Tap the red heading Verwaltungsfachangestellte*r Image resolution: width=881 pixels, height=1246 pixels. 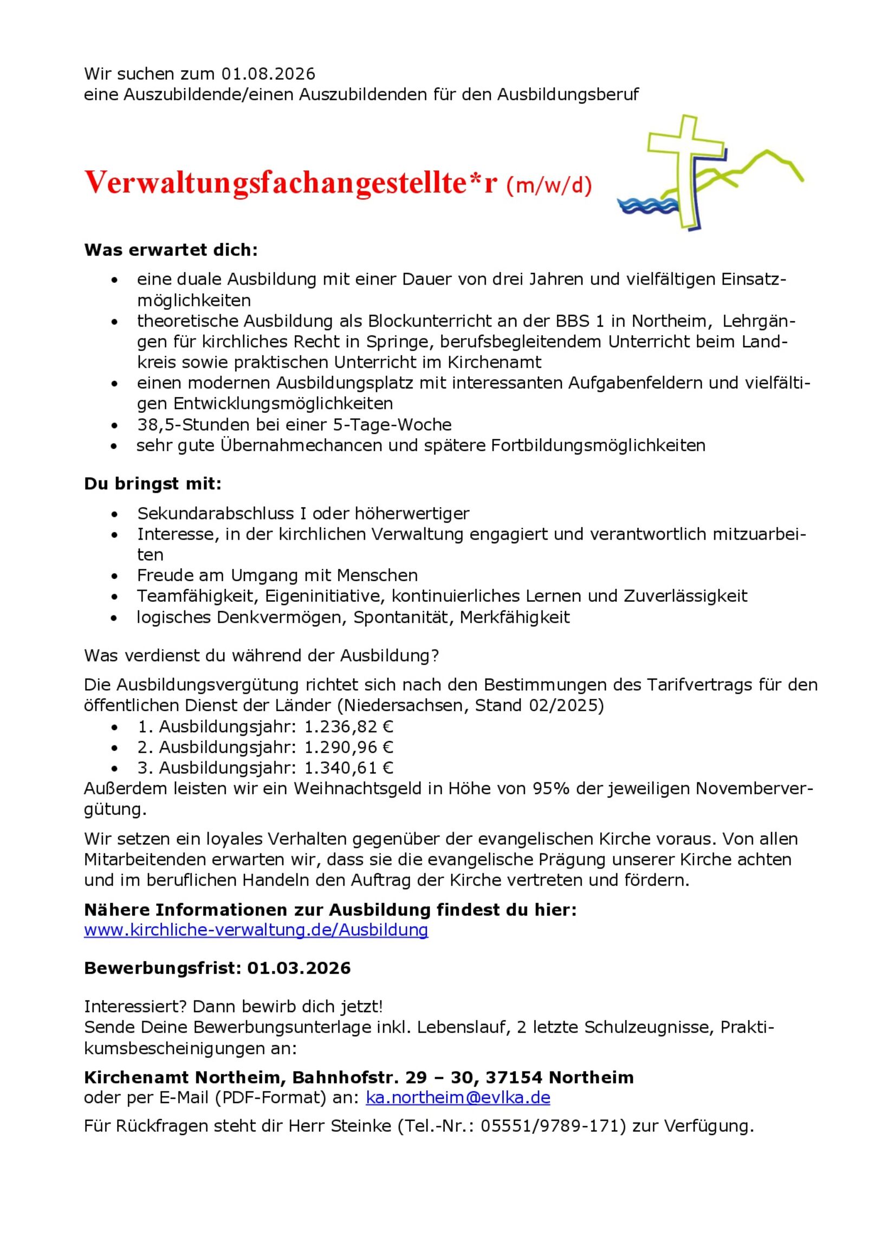tap(290, 183)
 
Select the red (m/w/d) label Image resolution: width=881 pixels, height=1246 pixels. tap(549, 186)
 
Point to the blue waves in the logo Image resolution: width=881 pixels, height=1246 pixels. tap(647, 206)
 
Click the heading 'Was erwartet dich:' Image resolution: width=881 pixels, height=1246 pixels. tap(171, 250)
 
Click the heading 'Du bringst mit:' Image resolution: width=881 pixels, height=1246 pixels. tap(153, 484)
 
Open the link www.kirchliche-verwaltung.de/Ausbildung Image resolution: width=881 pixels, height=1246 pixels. tap(256, 930)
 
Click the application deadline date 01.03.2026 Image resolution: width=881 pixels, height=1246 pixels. tap(299, 968)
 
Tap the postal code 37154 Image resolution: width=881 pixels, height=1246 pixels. tap(514, 1077)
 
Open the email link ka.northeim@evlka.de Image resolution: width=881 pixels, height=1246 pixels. tap(458, 1098)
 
